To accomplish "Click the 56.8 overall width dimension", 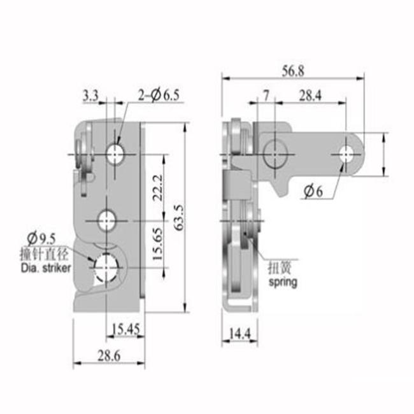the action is [293, 71].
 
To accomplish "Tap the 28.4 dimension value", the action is [310, 96].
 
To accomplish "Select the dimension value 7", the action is [266, 96].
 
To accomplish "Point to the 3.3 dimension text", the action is [90, 96].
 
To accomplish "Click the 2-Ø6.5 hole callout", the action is [159, 95].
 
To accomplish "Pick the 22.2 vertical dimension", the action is [158, 187].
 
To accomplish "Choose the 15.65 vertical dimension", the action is [158, 244].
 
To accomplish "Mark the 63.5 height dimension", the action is [180, 217].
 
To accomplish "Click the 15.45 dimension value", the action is [125, 329].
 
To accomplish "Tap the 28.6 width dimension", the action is [109, 355].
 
